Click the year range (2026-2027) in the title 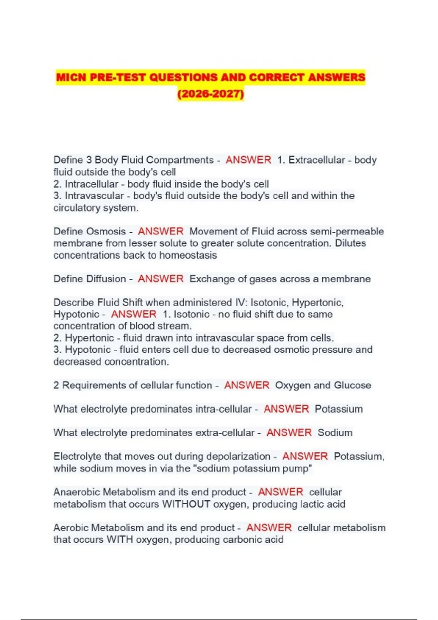pyautogui.click(x=211, y=94)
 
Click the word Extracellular pyautogui.click(x=316, y=160)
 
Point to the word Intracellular pyautogui.click(x=92, y=184)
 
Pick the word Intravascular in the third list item pyautogui.click(x=94, y=196)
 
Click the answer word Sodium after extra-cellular pyautogui.click(x=335, y=433)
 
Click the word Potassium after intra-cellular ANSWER pyautogui.click(x=339, y=409)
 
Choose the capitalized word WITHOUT pyautogui.click(x=186, y=504)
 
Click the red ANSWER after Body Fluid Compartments pyautogui.click(x=248, y=160)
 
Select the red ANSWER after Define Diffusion pyautogui.click(x=161, y=279)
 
